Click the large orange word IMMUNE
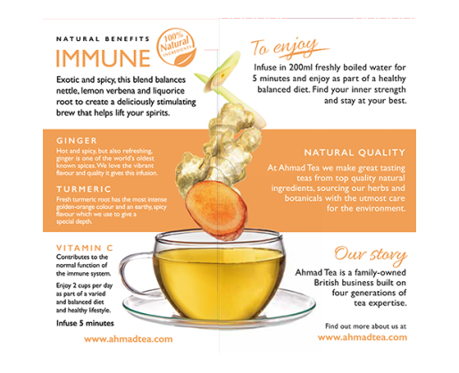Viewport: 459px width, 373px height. point(103,58)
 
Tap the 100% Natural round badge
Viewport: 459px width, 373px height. point(176,47)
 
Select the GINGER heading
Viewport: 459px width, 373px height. point(77,141)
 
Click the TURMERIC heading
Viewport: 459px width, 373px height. point(84,189)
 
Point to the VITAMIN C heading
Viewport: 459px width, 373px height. point(85,248)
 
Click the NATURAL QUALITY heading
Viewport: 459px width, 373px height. point(355,153)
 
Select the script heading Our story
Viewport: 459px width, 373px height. point(371,255)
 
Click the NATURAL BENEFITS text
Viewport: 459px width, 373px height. point(103,39)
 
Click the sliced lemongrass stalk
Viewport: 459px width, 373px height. point(229,87)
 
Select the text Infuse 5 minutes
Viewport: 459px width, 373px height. point(85,323)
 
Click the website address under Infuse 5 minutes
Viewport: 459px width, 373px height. point(129,339)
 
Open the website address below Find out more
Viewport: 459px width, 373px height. point(363,337)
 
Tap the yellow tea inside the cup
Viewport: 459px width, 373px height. point(220,283)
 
